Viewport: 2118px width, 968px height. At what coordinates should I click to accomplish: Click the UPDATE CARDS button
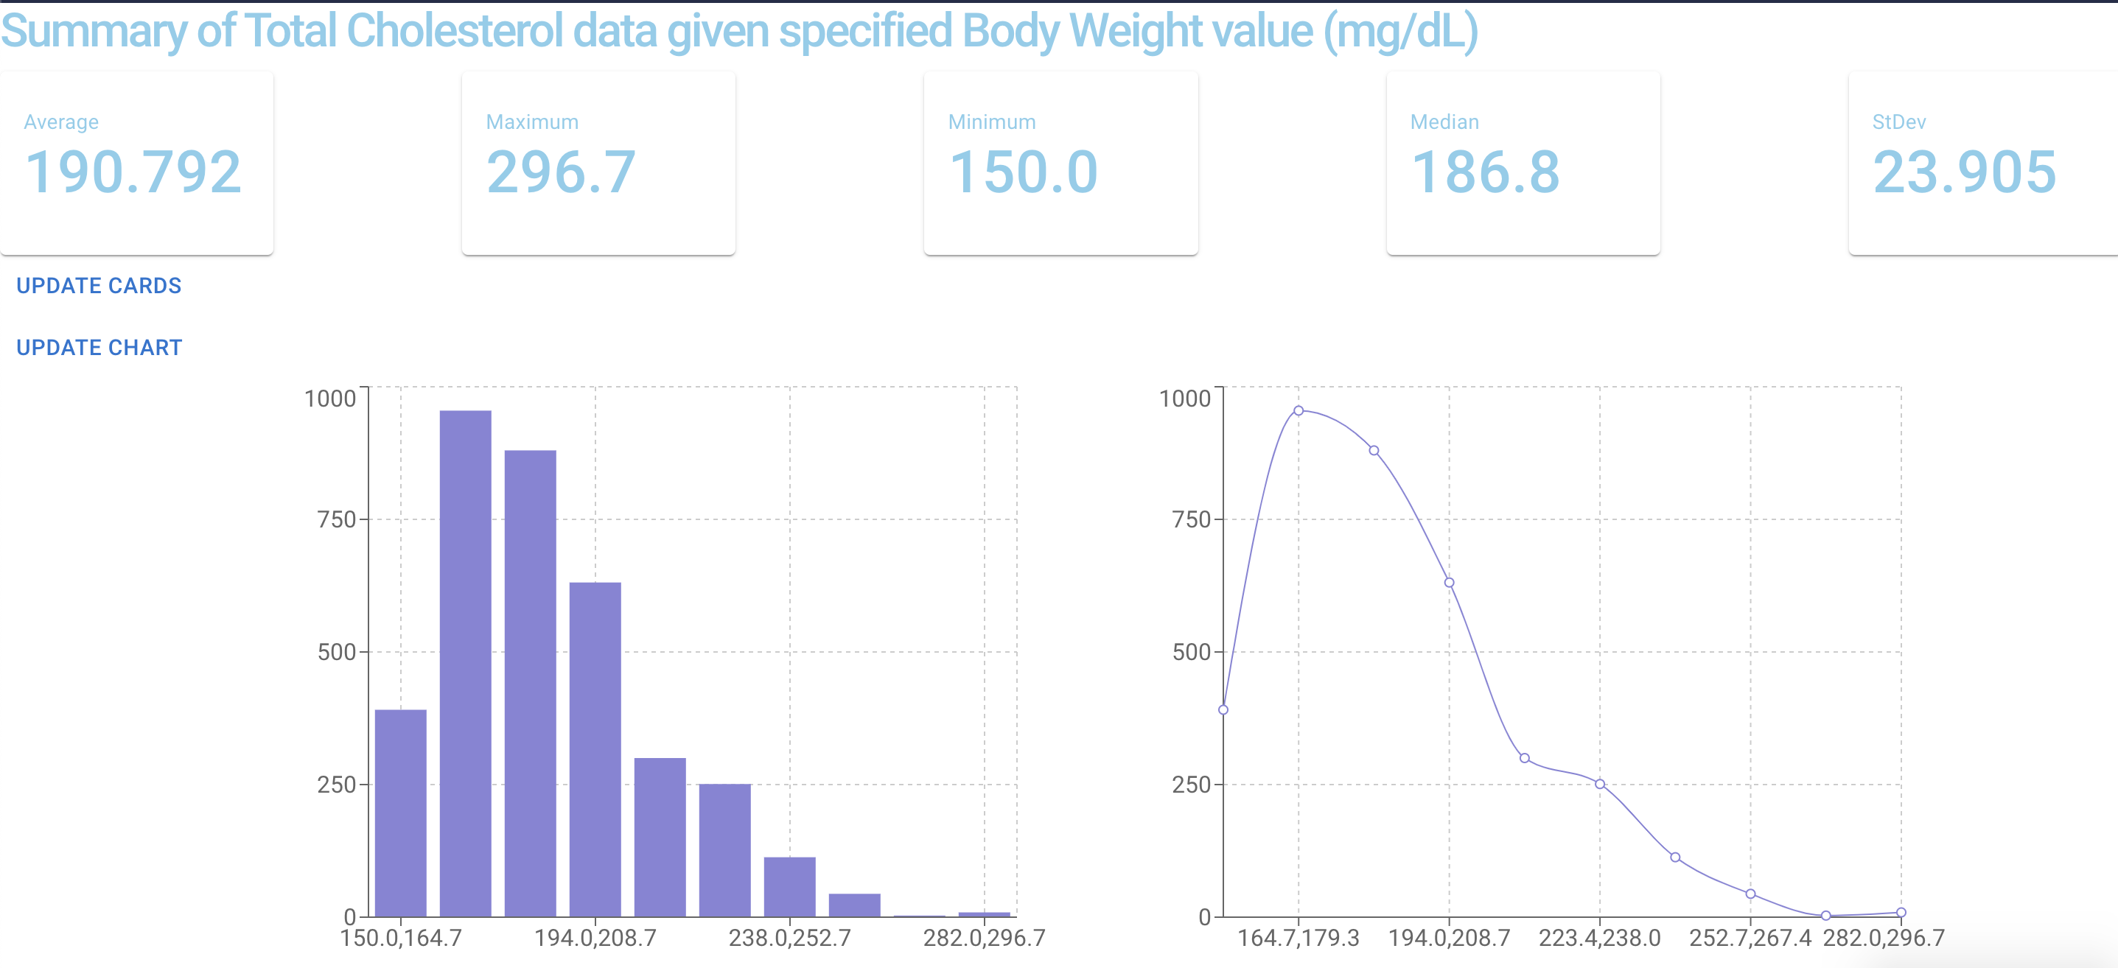(x=99, y=286)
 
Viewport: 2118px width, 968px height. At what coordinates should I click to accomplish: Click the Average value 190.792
(x=133, y=172)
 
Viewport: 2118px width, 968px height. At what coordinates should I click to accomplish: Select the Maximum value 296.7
(x=561, y=172)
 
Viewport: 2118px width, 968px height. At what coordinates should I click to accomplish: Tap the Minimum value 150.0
(x=1023, y=172)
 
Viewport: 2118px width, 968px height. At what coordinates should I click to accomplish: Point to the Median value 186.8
(x=1485, y=172)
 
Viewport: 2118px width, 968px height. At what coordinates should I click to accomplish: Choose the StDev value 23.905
(x=1964, y=172)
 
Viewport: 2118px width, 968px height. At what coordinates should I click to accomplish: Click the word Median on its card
(x=1444, y=122)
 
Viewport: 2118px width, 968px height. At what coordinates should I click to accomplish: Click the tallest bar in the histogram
(x=465, y=657)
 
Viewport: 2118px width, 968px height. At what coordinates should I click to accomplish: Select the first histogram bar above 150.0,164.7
(x=400, y=813)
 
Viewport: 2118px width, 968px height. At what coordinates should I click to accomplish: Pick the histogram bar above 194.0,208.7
(x=595, y=748)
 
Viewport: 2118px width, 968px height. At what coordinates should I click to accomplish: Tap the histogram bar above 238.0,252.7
(x=789, y=888)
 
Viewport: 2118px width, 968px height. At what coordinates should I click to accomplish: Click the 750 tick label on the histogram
(x=336, y=519)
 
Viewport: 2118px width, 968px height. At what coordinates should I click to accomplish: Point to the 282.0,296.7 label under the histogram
(x=983, y=938)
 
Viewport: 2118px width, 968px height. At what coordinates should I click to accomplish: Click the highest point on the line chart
(x=1299, y=411)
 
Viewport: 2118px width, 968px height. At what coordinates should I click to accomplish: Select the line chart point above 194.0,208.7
(x=1449, y=583)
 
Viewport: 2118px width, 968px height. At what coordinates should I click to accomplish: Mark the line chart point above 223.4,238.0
(x=1599, y=784)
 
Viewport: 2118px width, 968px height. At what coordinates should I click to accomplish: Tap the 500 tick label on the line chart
(x=1192, y=653)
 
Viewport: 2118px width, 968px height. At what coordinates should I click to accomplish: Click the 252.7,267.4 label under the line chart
(x=1750, y=938)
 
